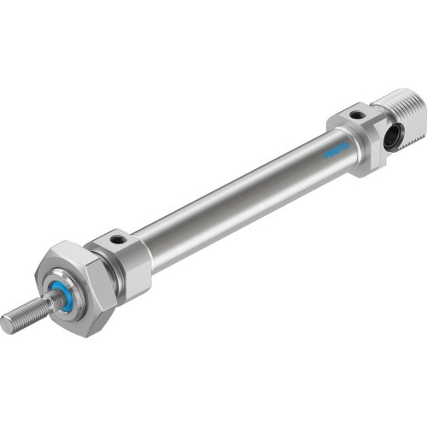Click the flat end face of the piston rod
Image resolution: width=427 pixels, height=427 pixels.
[8, 323]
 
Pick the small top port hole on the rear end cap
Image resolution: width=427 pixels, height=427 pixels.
[357, 113]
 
